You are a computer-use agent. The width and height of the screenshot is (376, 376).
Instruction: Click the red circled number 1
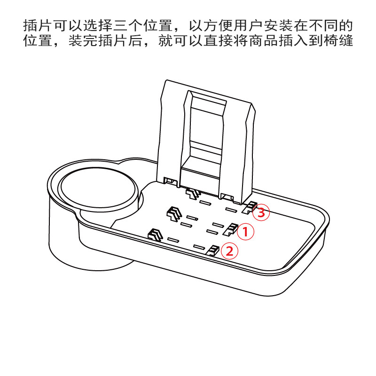tap(245, 231)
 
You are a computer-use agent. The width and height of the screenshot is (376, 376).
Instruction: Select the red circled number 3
tap(261, 213)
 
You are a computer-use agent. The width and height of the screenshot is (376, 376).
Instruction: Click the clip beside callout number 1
tap(230, 229)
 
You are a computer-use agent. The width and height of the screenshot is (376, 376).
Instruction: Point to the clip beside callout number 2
tap(213, 250)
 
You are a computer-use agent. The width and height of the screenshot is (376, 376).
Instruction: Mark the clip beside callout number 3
tap(249, 207)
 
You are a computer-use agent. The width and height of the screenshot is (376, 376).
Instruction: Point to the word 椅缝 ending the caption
tap(340, 41)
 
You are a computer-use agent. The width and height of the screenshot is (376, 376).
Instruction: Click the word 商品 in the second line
tap(268, 41)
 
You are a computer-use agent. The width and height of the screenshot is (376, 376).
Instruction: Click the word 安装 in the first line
tap(282, 25)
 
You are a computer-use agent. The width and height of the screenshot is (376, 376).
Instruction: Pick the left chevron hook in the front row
tap(155, 234)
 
